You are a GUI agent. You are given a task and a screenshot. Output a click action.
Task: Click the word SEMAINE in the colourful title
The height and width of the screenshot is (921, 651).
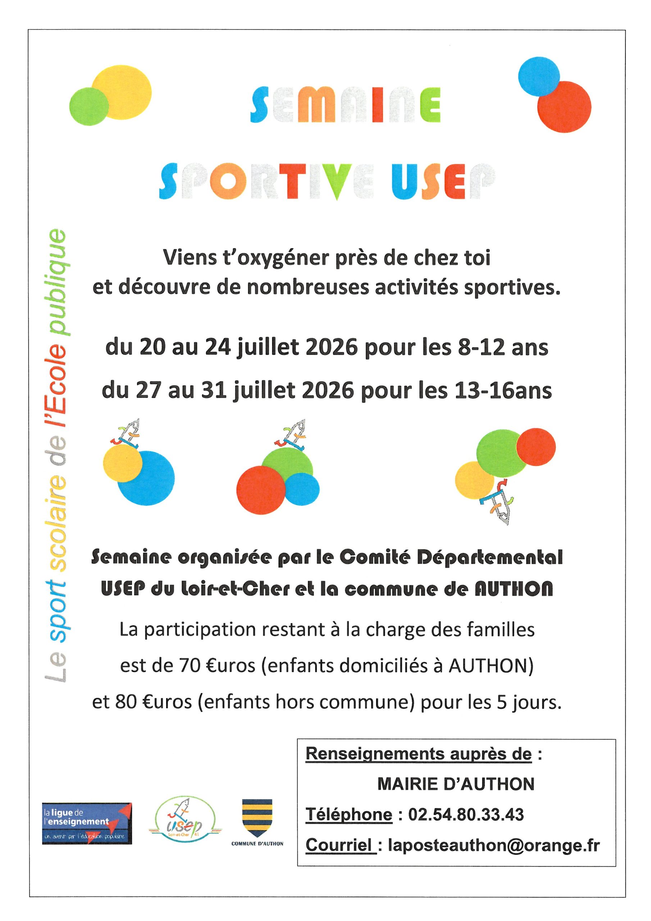[x=345, y=105]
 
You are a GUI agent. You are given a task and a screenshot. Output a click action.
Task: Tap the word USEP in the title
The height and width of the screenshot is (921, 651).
[x=443, y=181]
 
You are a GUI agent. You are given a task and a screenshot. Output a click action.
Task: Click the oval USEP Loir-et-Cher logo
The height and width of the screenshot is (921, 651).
[x=185, y=822]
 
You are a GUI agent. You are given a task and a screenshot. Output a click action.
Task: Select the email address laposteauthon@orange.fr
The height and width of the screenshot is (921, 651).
[x=494, y=845]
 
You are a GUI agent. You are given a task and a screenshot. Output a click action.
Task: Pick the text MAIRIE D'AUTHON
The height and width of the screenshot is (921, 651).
[x=456, y=784]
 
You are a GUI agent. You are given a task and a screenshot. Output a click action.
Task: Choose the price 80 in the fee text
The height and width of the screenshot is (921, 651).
[x=126, y=702]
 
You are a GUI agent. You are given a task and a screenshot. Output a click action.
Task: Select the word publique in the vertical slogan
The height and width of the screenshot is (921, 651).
[x=56, y=282]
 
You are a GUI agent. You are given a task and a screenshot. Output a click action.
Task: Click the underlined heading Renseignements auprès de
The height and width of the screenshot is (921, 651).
[x=418, y=754]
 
